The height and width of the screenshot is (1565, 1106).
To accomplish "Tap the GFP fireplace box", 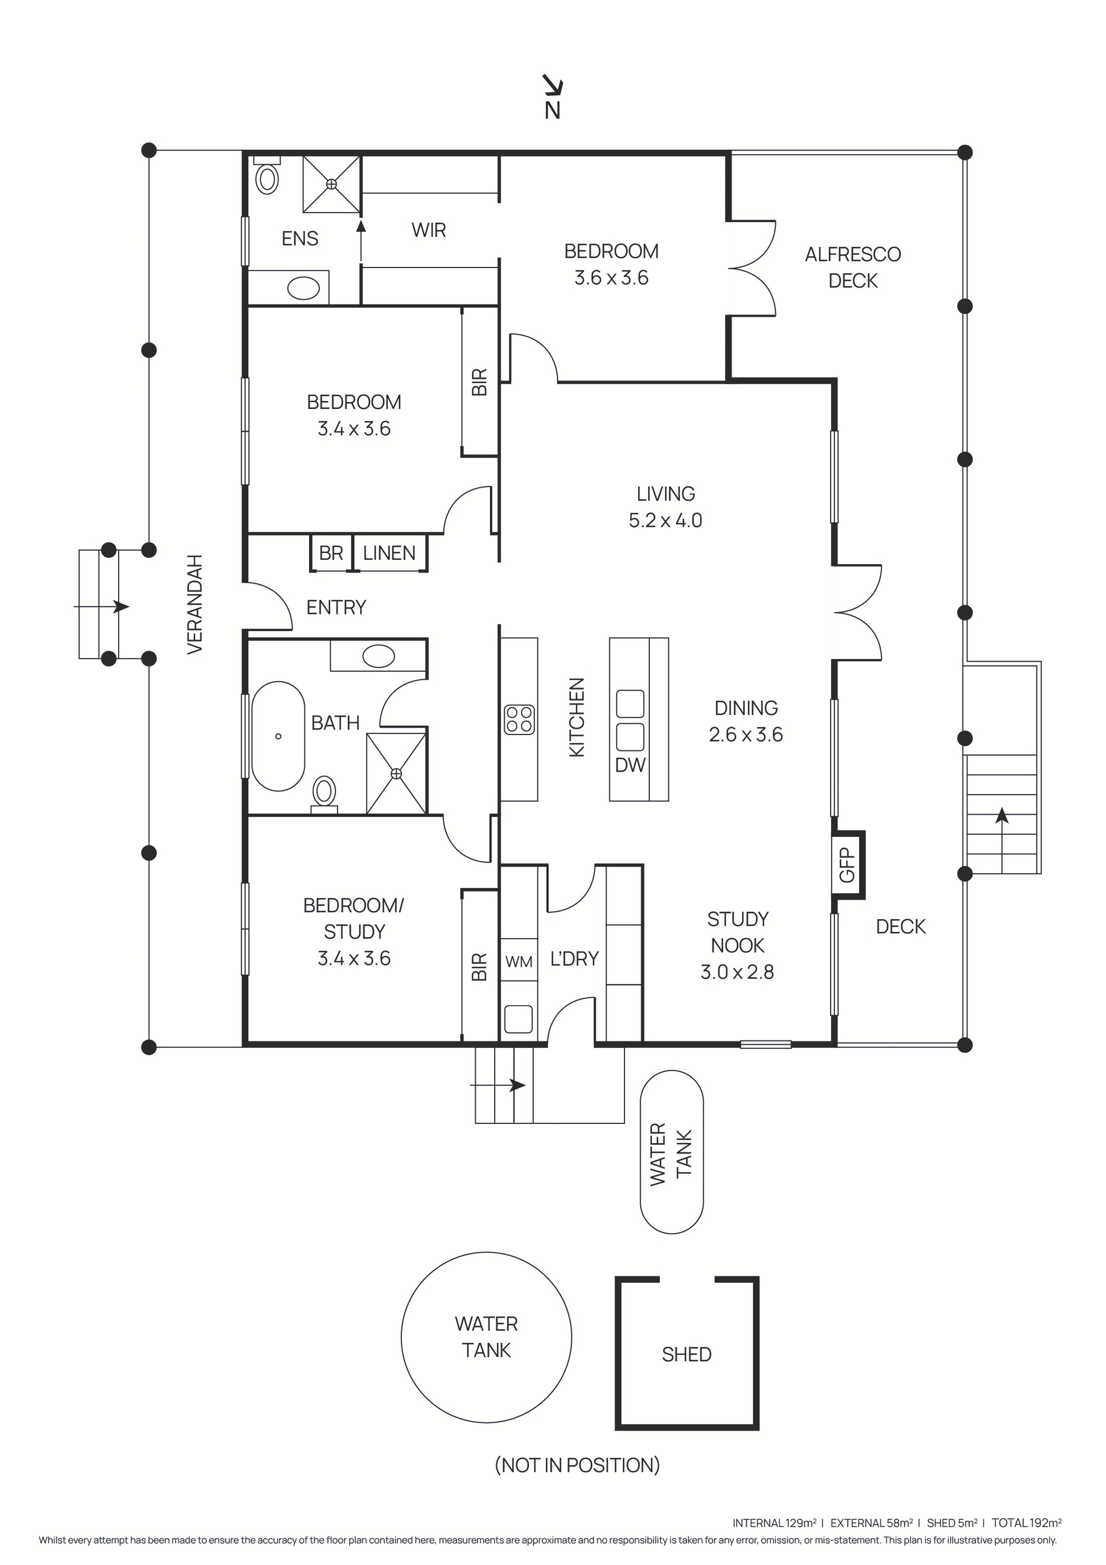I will click(847, 864).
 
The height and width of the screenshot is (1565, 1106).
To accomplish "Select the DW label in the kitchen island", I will click(630, 765).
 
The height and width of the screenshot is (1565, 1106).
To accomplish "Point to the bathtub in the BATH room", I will click(278, 736).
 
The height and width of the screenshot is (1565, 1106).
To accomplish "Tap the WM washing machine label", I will click(519, 962).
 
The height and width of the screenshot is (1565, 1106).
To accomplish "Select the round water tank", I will click(486, 1337).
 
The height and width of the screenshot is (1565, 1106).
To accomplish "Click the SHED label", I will click(686, 1354).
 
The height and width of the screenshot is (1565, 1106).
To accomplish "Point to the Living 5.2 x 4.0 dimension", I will click(665, 520).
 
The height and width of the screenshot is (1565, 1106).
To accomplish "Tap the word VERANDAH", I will click(195, 604).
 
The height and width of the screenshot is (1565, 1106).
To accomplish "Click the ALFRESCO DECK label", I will click(853, 267).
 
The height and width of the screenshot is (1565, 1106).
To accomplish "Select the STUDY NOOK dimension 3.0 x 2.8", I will click(737, 972).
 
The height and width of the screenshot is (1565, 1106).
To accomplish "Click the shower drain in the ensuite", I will click(331, 184).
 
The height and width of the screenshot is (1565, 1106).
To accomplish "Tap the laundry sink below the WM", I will click(519, 1019).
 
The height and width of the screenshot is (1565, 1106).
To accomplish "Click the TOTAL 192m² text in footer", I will click(1026, 1522).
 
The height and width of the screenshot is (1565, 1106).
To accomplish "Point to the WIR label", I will click(429, 230).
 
